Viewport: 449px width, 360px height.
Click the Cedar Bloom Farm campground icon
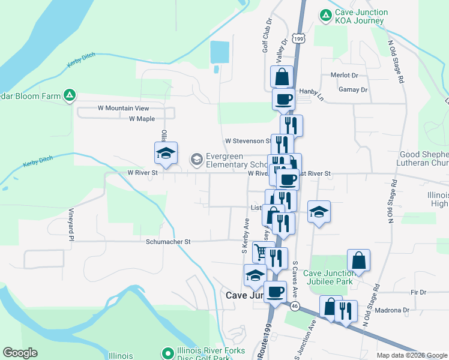(70, 95)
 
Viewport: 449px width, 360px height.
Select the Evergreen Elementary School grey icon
(196, 160)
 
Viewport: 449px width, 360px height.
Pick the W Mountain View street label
(123, 108)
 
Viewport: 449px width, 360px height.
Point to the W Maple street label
(142, 119)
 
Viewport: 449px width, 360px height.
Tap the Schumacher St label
(168, 242)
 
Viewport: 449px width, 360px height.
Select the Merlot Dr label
(344, 76)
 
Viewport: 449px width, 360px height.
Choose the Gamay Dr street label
(354, 89)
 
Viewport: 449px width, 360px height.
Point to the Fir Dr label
(418, 292)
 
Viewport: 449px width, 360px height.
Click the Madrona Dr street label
(391, 310)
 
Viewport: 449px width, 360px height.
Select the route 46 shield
(295, 307)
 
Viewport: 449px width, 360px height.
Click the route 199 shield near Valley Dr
(300, 38)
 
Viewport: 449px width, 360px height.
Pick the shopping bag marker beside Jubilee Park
(358, 260)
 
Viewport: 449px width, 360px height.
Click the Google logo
(20, 353)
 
